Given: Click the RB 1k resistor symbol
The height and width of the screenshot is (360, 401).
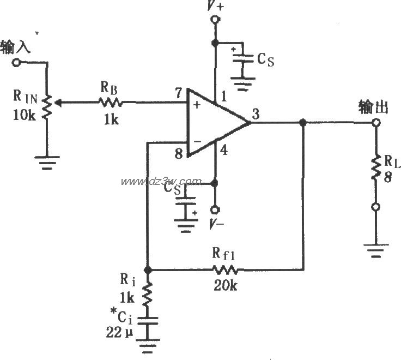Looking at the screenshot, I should (x=111, y=101).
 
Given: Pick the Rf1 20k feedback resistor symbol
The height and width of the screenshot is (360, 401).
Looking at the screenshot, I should (x=225, y=269).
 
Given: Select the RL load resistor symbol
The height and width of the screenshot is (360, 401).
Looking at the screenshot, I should (x=375, y=169).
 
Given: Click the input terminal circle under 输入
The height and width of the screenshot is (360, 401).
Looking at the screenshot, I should (x=16, y=63).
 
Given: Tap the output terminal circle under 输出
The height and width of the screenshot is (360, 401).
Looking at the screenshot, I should (x=375, y=123).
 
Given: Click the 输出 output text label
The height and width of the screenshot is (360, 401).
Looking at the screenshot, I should (x=373, y=106).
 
